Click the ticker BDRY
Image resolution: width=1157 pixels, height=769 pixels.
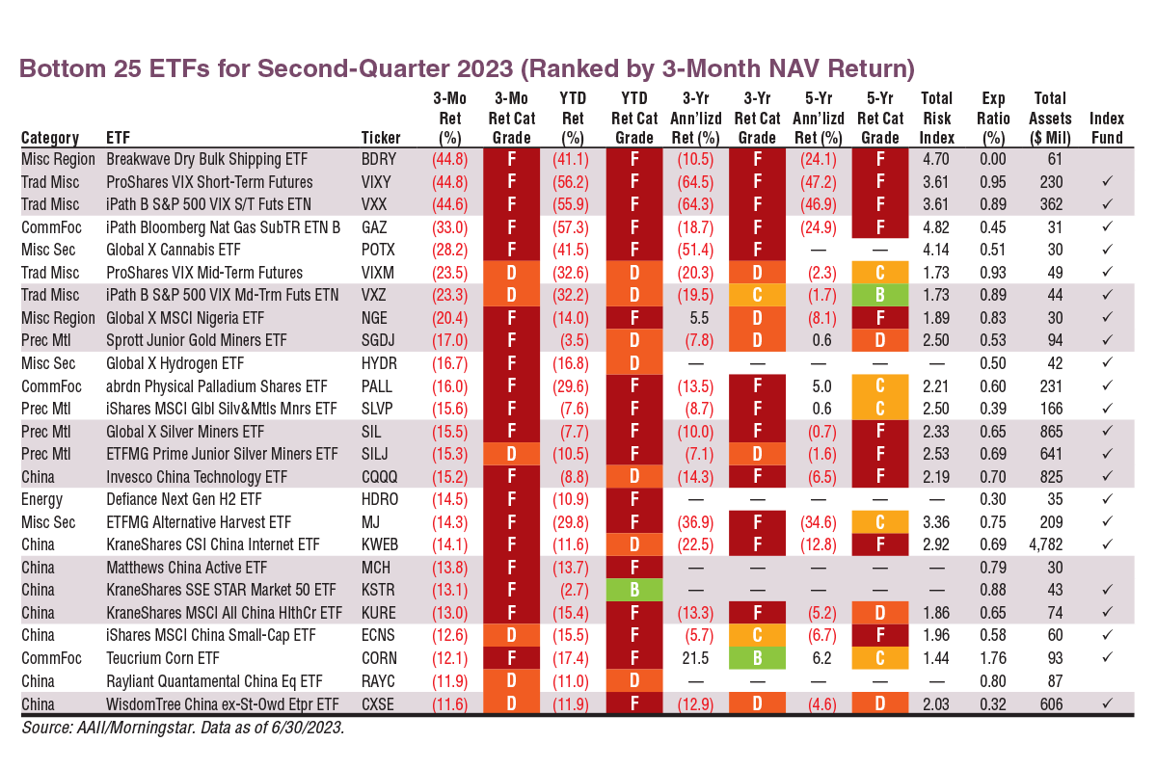(x=378, y=159)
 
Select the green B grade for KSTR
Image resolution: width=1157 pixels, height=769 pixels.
(x=633, y=590)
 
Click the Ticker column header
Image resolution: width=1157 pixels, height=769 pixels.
(x=380, y=137)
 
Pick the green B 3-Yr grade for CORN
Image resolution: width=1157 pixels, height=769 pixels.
(x=756, y=658)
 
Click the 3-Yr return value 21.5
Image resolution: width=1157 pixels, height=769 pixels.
(x=695, y=658)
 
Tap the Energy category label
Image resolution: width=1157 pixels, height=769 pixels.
(x=41, y=499)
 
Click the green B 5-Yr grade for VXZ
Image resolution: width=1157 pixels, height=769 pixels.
(x=879, y=295)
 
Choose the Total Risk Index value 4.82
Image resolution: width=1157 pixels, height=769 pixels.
(x=937, y=227)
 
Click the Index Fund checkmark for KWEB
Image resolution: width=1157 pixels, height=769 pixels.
(x=1107, y=544)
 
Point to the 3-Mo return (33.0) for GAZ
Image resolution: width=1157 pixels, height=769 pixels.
(x=451, y=227)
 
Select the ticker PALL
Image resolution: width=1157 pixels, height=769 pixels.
(x=377, y=385)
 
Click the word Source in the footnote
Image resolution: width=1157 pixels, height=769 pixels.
(x=46, y=729)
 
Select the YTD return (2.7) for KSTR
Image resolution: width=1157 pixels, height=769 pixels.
(x=573, y=590)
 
